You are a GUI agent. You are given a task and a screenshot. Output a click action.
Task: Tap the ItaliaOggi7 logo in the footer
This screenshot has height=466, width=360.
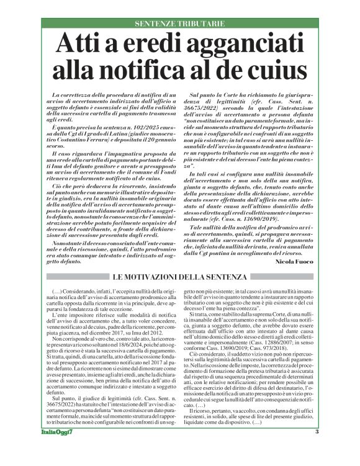[x=61, y=449]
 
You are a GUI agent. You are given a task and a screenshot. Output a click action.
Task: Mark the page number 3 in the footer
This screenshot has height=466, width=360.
[x=316, y=449]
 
